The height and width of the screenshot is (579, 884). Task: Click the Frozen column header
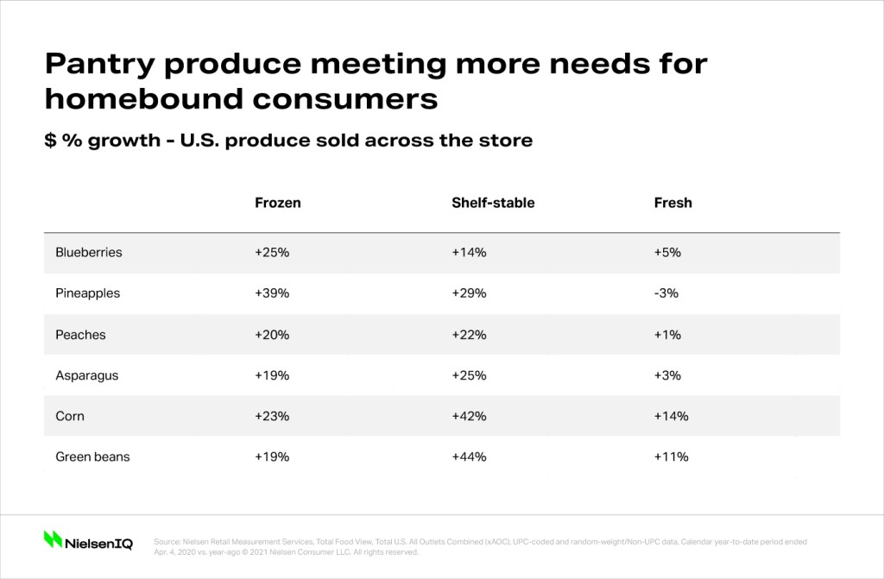coord(277,203)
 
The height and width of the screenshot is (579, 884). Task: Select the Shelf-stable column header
coord(493,203)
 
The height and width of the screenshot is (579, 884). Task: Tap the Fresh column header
coord(672,203)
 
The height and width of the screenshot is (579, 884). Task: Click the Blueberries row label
coord(89,252)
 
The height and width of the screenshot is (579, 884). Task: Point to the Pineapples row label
coord(87,293)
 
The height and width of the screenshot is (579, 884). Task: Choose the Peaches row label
coord(80,335)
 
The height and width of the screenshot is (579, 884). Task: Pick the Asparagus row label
coord(87,376)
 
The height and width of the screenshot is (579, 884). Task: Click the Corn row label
coord(70,416)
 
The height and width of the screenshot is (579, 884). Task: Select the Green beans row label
coord(92,456)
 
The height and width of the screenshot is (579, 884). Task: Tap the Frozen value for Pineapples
coord(272,293)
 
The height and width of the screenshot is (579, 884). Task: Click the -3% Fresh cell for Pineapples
coord(666,293)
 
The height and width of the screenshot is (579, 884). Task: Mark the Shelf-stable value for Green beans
coord(469,456)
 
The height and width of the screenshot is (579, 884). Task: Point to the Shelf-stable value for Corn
coord(469,416)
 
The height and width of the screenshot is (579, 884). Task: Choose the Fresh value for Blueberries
coord(667,252)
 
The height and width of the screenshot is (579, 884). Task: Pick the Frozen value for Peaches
coord(272,335)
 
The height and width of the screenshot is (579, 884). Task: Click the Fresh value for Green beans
coord(671,456)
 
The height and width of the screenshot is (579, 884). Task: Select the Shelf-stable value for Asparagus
coord(469,375)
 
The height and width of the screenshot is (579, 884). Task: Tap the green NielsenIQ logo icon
coord(53,539)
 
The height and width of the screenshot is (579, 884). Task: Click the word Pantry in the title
coord(100,65)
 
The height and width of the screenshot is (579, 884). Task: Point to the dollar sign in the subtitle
coord(50,141)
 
